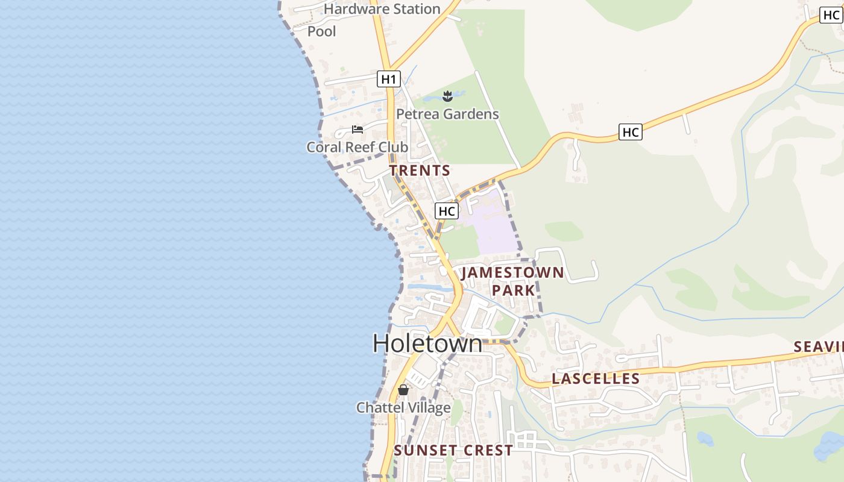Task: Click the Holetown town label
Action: (x=427, y=343)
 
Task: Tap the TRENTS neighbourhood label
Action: (x=420, y=171)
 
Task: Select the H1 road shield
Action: (x=389, y=78)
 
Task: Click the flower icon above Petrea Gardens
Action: (x=447, y=96)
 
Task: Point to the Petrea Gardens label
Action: (x=447, y=114)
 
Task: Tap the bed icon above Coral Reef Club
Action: (x=357, y=130)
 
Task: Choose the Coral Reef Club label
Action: (x=357, y=147)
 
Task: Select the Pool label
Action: (x=322, y=31)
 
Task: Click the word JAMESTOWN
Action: (x=512, y=273)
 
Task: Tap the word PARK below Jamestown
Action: (x=513, y=290)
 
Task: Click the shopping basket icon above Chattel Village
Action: (x=403, y=390)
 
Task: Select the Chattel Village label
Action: (x=403, y=408)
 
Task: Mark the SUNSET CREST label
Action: (x=453, y=450)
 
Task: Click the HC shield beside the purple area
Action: (x=446, y=211)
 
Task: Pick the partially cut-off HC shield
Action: (x=831, y=16)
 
